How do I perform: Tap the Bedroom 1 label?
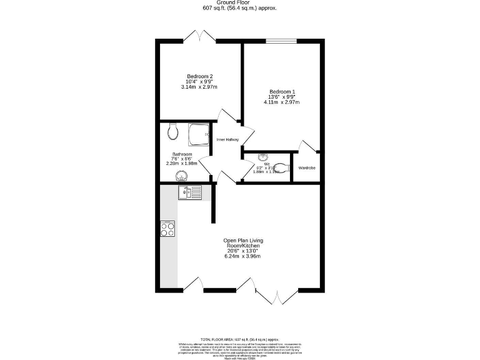282,92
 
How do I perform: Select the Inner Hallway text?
227,139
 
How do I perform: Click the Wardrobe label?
307,167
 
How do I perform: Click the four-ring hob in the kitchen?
168,229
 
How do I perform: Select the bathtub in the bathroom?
199,134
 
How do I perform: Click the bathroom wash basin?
172,175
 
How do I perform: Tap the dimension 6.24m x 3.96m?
242,256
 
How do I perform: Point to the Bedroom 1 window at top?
281,41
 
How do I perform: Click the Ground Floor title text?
239,2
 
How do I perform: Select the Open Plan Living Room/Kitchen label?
242,243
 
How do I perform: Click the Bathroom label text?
182,154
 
